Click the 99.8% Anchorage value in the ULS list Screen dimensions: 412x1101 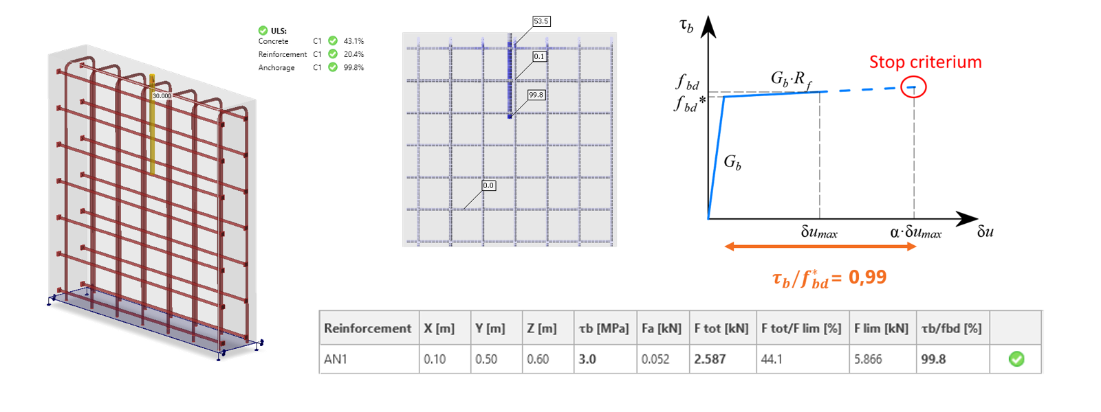tap(353, 67)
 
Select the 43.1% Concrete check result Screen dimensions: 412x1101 tap(353, 41)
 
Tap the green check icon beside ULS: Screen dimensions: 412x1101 tap(263, 30)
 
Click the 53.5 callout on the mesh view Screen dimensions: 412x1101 tap(541, 21)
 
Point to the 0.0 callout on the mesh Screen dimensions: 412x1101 tap(488, 185)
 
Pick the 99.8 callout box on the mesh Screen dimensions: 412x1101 tap(536, 95)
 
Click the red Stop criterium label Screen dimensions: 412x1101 tap(925, 62)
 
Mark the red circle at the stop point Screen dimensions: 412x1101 tap(913, 87)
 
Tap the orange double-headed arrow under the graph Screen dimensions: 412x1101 tap(820, 247)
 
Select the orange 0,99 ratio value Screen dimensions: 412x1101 tap(867, 277)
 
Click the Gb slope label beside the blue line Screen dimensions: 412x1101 tap(732, 163)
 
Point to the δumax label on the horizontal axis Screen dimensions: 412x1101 tap(819, 233)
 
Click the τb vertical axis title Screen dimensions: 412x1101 tap(686, 26)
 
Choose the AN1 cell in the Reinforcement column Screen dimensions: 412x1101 tap(336, 359)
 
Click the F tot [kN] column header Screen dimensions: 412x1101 tap(721, 328)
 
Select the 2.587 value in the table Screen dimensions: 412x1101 tap(710, 359)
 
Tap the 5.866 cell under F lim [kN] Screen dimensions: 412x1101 tap(868, 359)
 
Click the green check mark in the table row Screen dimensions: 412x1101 tap(1016, 358)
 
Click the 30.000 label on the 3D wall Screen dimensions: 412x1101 tap(162, 95)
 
